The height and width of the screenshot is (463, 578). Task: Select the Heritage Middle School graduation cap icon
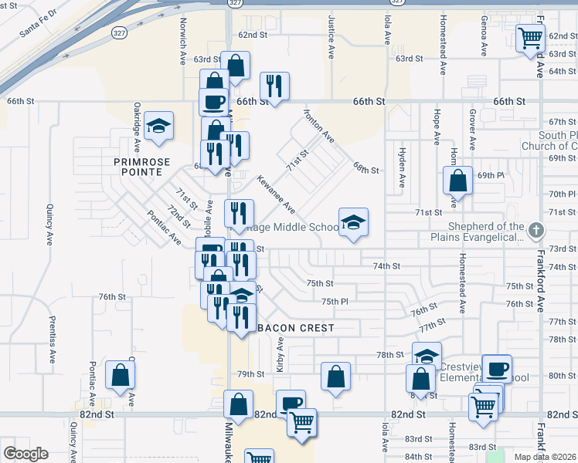[353, 222]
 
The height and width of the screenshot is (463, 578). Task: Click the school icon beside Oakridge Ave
[159, 126]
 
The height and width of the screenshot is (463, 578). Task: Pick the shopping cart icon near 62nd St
[530, 37]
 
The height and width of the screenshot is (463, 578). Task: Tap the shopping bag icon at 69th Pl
[458, 181]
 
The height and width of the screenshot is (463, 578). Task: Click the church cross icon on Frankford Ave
[537, 230]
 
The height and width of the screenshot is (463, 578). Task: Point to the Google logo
[25, 454]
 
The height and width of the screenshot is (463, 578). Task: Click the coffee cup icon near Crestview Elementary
[498, 368]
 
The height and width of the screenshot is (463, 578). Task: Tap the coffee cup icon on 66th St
[213, 101]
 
